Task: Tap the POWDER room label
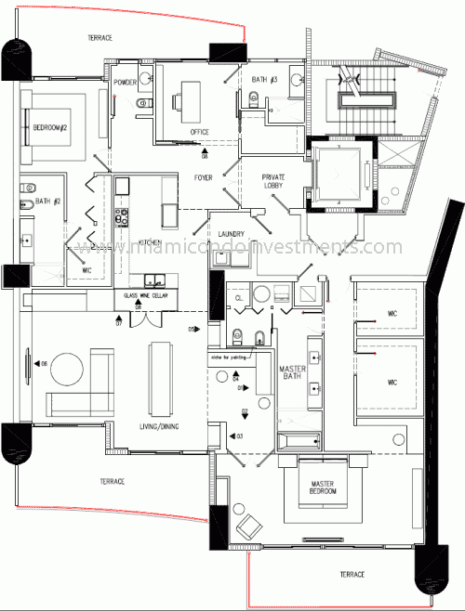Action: tap(126, 82)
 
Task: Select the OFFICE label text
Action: tap(200, 132)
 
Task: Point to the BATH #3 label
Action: tap(265, 81)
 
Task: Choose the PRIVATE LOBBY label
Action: tap(273, 182)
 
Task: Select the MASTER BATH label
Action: tap(293, 373)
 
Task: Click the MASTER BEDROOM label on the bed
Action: tap(316, 489)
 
